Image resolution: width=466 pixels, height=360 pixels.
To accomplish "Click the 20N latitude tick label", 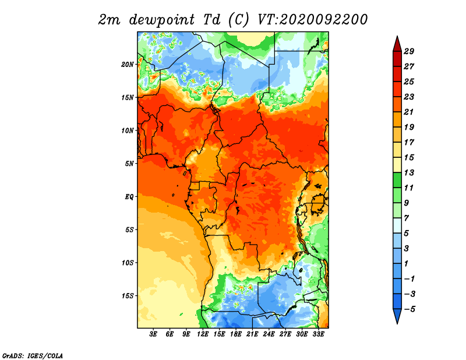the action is [x=128, y=65].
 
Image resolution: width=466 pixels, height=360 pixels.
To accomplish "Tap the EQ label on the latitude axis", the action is [x=129, y=197].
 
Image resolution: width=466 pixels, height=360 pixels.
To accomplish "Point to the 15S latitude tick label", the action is [x=128, y=296].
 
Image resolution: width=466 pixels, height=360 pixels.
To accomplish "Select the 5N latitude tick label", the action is [x=129, y=164].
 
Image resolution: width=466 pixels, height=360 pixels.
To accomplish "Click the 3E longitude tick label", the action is [x=153, y=334].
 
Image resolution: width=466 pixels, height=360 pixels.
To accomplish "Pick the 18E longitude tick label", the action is [x=236, y=334].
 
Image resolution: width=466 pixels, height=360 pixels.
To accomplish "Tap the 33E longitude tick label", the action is [x=318, y=334].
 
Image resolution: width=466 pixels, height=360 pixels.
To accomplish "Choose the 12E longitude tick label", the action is [x=203, y=334].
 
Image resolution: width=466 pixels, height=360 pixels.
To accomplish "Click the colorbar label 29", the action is [x=409, y=51].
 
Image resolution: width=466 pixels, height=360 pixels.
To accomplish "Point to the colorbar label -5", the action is [x=409, y=309].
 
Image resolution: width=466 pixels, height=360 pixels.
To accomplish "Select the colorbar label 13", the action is [x=409, y=172].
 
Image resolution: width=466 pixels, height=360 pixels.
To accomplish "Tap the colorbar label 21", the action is [x=409, y=112].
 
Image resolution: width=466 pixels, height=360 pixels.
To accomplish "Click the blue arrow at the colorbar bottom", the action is [x=397, y=316].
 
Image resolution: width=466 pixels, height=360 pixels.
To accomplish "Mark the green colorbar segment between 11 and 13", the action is [x=397, y=180].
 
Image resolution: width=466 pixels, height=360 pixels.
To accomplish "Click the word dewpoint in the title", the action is [x=162, y=20].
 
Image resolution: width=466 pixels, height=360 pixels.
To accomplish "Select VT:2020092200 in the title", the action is [x=312, y=20].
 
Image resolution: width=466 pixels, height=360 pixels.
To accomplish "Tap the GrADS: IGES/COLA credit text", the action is [x=33, y=355].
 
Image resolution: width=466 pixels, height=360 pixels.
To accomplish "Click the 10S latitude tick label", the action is [x=128, y=263].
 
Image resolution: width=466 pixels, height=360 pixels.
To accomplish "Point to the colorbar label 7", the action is [x=407, y=218].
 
